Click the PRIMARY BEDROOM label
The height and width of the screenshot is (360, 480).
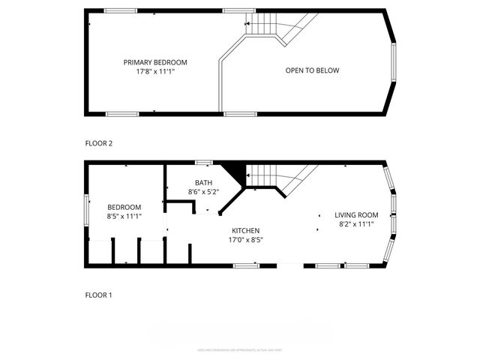(155, 62)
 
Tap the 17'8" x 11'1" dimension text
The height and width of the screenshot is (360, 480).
(155, 72)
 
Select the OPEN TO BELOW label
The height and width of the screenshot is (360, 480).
(312, 70)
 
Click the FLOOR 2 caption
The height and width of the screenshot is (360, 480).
(98, 142)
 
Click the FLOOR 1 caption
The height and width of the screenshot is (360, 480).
(98, 295)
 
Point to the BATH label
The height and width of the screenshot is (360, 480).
(203, 182)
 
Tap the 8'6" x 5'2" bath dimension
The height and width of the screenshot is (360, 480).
(203, 192)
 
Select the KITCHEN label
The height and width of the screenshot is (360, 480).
(245, 230)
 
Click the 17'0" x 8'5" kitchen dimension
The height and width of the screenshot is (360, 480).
(245, 240)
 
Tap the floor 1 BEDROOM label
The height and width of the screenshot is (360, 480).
(124, 207)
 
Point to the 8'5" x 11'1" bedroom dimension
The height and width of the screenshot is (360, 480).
(124, 216)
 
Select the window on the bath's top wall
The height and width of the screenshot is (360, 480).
(202, 162)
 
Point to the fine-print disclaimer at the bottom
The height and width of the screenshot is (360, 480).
(239, 349)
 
